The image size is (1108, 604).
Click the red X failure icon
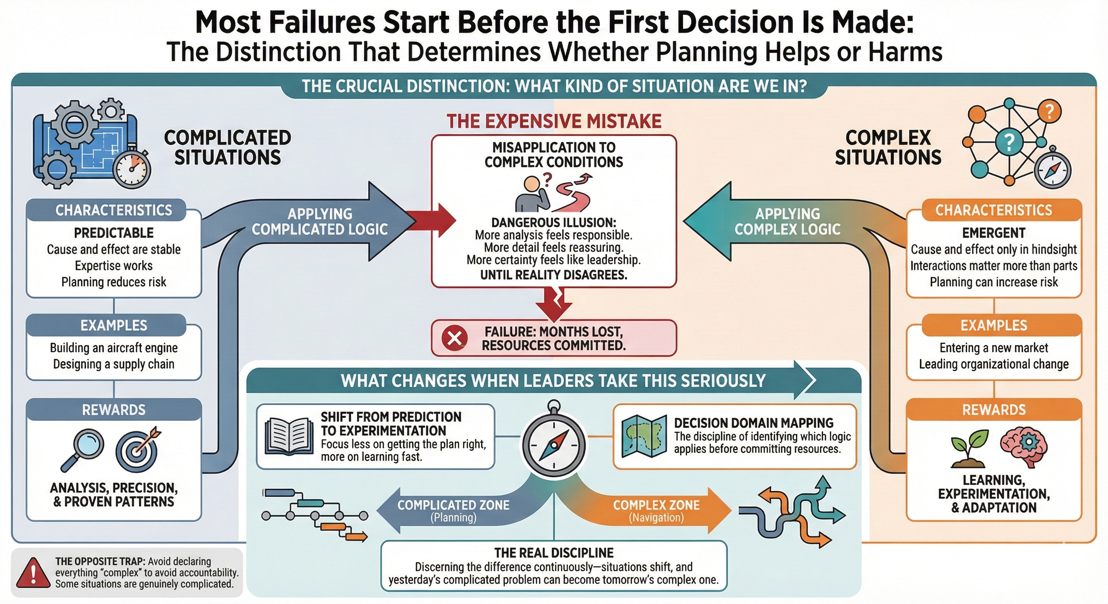tap(454, 338)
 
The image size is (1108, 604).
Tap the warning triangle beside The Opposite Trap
tap(33, 573)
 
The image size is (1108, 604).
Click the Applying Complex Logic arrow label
tap(787, 221)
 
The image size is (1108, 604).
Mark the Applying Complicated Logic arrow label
tap(319, 221)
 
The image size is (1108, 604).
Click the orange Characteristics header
tap(994, 210)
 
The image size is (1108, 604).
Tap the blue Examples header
tap(114, 326)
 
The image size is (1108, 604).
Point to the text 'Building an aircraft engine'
tap(114, 347)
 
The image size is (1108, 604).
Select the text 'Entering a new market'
tap(994, 347)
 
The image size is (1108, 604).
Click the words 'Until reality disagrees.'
tap(554, 275)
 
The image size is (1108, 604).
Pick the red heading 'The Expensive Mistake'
tap(554, 121)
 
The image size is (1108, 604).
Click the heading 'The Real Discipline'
tap(554, 552)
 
